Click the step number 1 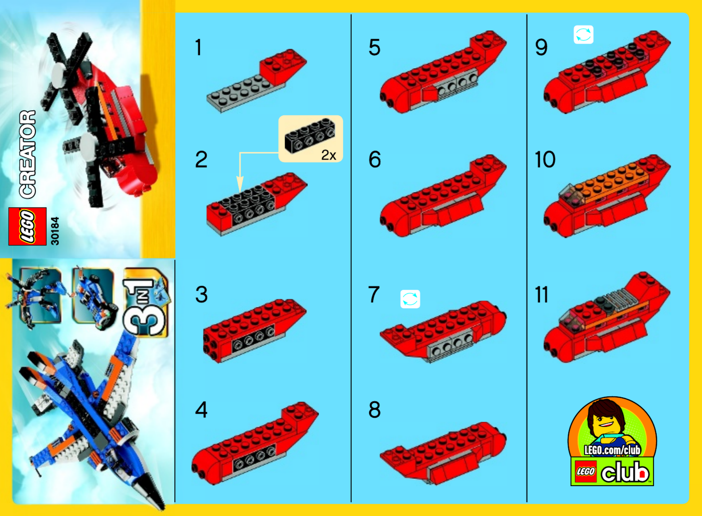(x=199, y=47)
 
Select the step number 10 (x=545, y=159)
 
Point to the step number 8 (x=375, y=410)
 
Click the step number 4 (x=201, y=410)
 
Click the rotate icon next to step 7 (x=410, y=299)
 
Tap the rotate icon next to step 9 (x=583, y=35)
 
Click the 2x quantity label (x=328, y=155)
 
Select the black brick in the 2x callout (x=310, y=135)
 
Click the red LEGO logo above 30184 (x=27, y=226)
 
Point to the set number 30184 (x=55, y=231)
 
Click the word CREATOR (x=27, y=154)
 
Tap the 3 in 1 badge (x=145, y=302)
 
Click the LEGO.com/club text (x=612, y=450)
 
